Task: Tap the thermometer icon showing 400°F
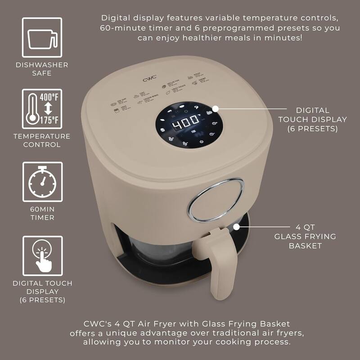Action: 42,109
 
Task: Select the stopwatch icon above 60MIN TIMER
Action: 42,183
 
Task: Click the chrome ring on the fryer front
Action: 216,200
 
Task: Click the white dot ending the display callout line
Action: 215,108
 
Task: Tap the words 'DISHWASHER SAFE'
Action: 42,69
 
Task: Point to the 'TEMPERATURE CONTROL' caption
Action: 42,140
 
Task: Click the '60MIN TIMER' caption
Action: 42,213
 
